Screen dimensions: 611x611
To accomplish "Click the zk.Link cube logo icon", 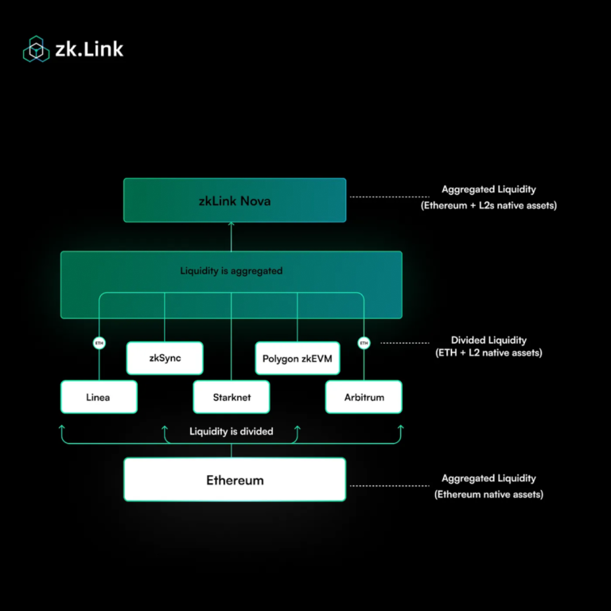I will pos(36,49).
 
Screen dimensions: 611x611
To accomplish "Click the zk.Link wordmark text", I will pos(88,49).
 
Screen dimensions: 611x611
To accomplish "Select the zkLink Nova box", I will pos(235,200).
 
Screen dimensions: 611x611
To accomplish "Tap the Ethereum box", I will pos(235,480).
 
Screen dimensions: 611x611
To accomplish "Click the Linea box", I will pos(99,397).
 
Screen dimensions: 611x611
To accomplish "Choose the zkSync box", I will pos(165,358).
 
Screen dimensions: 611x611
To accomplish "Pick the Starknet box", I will pos(232,397).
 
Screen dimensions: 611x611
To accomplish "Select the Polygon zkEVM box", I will pos(298,358).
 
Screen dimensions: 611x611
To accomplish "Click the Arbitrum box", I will pos(364,397).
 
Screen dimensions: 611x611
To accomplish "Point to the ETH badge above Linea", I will pos(99,343).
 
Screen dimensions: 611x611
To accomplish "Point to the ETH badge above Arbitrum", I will pos(364,343).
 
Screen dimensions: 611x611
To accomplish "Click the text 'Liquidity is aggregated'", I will pos(232,270).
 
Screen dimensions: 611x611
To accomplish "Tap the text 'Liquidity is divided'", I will pos(232,431).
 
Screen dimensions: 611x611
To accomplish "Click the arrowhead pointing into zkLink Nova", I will pos(232,227).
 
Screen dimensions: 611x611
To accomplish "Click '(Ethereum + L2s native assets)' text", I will pos(488,205).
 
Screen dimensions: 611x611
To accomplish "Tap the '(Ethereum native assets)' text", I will pos(488,494).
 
